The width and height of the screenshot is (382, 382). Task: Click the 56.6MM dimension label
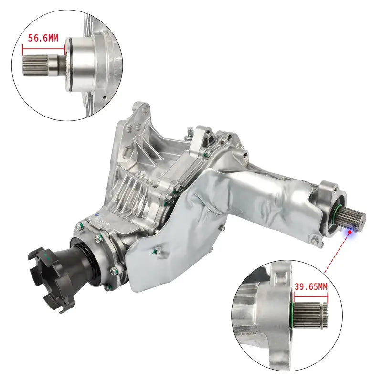click(x=43, y=38)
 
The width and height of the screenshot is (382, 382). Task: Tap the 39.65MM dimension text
click(x=311, y=287)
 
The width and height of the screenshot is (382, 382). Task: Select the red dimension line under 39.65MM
click(x=311, y=297)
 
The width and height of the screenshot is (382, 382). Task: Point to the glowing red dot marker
click(x=350, y=232)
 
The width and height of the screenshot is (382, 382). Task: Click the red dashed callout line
click(x=337, y=253)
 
